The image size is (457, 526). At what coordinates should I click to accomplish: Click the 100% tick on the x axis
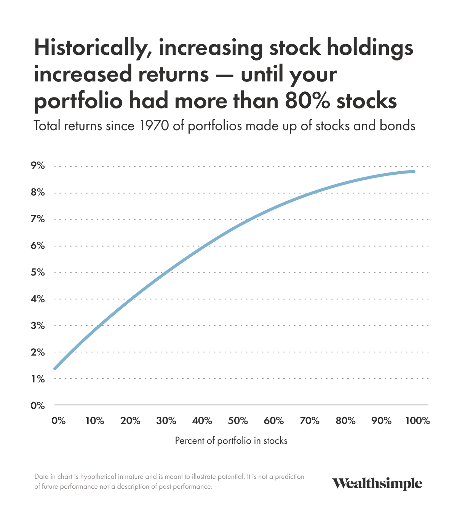coord(417,421)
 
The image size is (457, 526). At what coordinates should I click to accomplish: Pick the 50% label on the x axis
coord(238,421)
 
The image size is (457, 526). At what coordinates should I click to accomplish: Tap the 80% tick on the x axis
coord(345,421)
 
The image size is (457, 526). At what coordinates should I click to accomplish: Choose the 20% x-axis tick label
coord(130,421)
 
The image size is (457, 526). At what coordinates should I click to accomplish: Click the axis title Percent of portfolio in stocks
coord(231,441)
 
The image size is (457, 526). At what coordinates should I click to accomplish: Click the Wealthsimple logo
coord(377,483)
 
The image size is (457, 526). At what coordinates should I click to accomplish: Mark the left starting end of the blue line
coord(55,368)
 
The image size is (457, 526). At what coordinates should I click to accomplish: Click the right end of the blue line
coord(414,172)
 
